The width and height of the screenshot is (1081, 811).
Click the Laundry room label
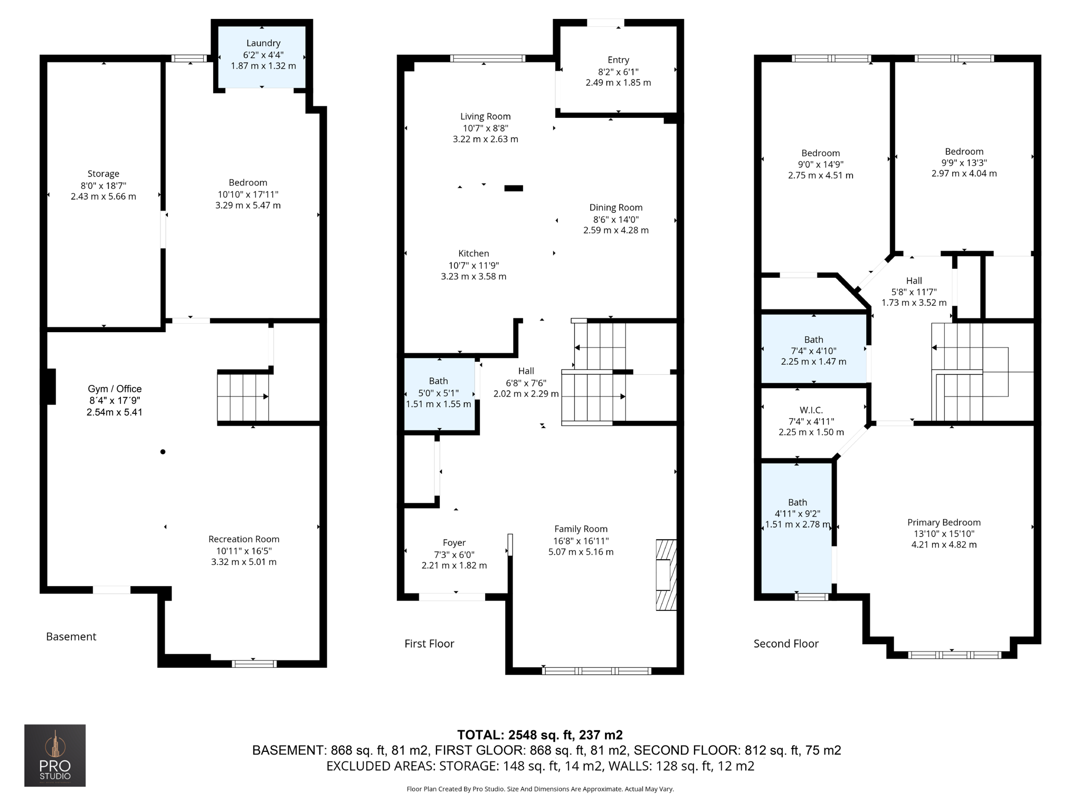[x=263, y=43]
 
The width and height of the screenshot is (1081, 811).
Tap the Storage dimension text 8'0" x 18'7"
[x=103, y=185]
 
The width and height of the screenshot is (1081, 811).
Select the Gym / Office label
[x=115, y=389]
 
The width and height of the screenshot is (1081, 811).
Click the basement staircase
[x=243, y=397]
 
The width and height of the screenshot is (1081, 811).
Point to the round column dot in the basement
[x=163, y=451]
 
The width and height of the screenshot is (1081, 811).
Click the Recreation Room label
[x=243, y=539]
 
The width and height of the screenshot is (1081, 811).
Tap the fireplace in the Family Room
[x=666, y=574]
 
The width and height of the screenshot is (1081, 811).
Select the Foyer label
[x=454, y=543]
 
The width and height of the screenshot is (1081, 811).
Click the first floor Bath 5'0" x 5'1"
[x=439, y=393]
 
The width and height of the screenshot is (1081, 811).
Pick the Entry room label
[x=618, y=60]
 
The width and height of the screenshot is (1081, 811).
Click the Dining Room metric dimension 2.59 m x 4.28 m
[x=615, y=230]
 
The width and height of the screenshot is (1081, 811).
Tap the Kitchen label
[x=473, y=253]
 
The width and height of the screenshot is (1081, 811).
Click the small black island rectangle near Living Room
[x=514, y=188]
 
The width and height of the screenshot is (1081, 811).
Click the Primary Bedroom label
[x=944, y=522]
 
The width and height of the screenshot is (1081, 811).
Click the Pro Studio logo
[x=55, y=755]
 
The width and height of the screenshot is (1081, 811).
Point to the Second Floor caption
[x=786, y=644]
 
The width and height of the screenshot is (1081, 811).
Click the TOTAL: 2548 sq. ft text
[x=539, y=734]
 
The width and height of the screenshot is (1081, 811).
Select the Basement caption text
[x=71, y=637]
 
